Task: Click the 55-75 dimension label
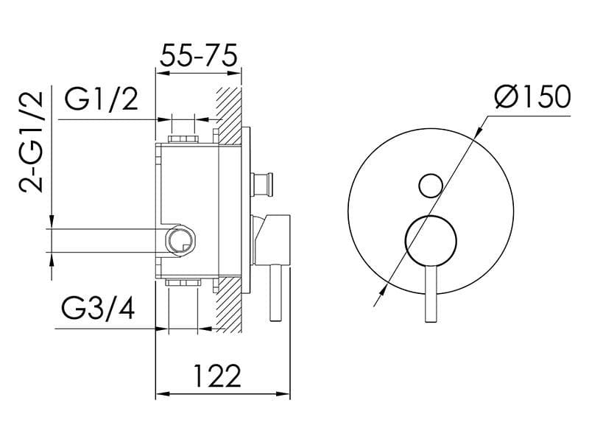198,56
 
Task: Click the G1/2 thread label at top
101,99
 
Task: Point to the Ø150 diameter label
532,97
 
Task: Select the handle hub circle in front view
431,239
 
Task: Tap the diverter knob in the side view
262,183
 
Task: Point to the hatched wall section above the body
230,110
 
